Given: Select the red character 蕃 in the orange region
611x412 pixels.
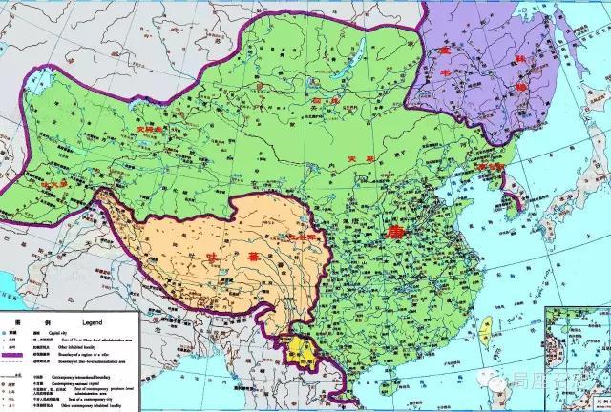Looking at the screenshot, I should (x=226, y=257).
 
